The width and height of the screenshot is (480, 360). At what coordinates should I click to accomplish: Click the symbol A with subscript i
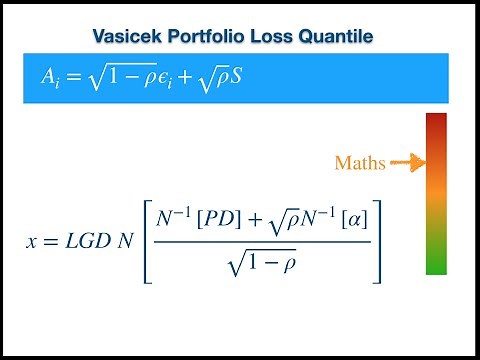[48, 76]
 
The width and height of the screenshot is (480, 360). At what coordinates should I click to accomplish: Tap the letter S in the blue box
[236, 76]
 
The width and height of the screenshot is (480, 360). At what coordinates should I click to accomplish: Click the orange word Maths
[360, 162]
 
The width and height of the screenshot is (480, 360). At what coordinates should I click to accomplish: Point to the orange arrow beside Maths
[406, 161]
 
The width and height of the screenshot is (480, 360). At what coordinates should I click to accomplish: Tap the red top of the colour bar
[436, 124]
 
